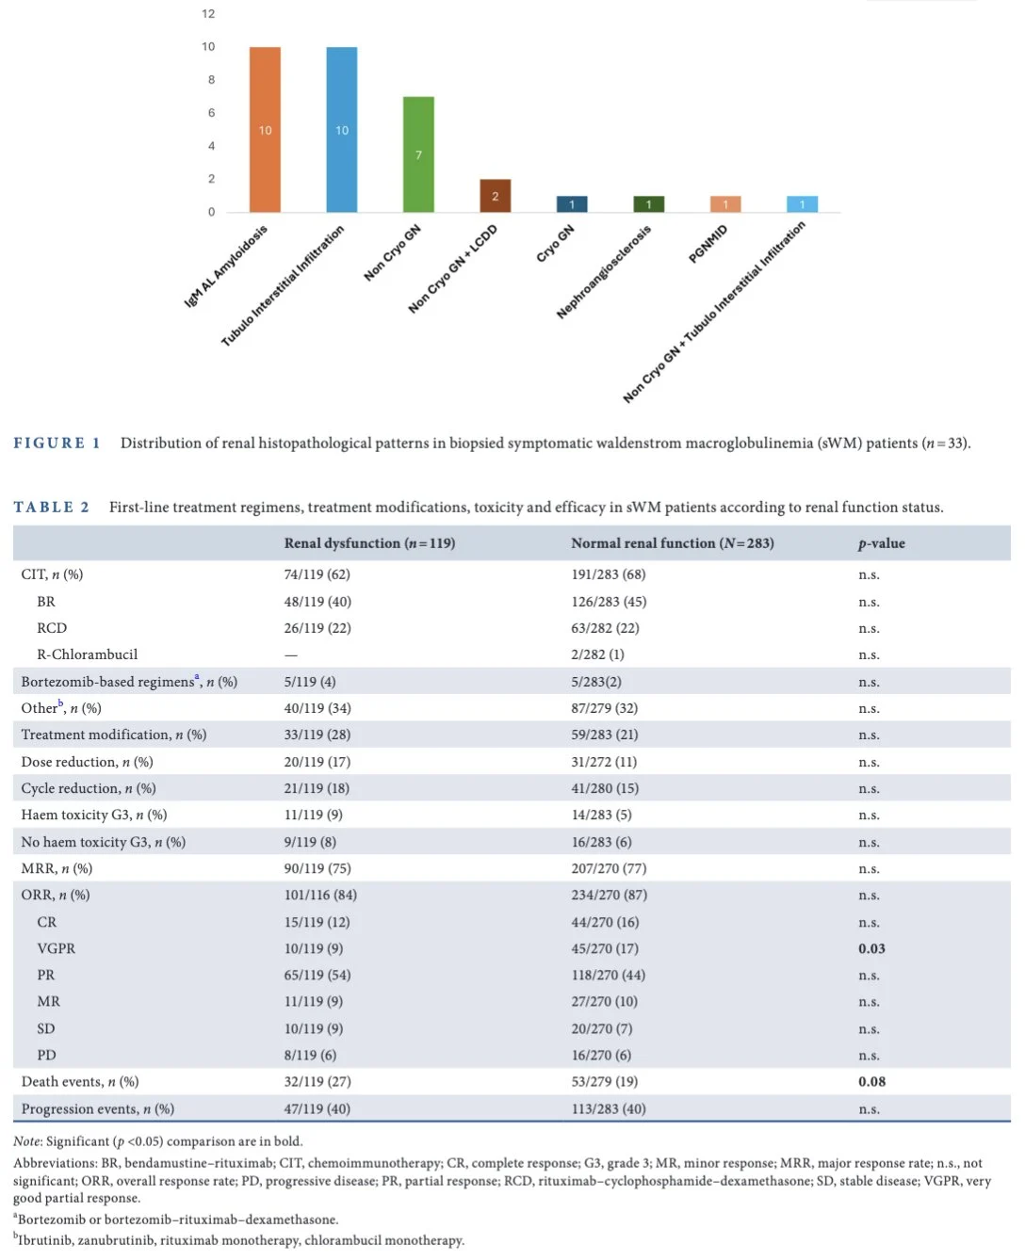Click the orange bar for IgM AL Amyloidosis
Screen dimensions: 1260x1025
click(265, 129)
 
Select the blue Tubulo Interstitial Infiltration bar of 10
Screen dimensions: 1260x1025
click(342, 129)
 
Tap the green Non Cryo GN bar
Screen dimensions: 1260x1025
click(418, 153)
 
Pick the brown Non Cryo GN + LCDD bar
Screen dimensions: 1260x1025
click(495, 196)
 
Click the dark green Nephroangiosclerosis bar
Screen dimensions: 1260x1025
click(648, 203)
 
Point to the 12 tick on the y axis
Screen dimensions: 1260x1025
click(208, 14)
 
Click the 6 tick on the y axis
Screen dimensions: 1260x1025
click(211, 113)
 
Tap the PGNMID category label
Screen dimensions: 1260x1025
click(708, 244)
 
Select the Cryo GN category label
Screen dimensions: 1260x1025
click(555, 244)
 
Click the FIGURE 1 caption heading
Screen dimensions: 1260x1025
click(57, 444)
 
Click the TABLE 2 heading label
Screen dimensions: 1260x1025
click(51, 508)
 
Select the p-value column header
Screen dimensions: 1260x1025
click(881, 543)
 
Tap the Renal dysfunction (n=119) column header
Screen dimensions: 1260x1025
click(369, 543)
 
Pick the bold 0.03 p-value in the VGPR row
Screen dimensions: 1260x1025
click(871, 948)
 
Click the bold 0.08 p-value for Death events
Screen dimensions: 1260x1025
click(871, 1082)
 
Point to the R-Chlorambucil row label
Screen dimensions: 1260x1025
click(87, 654)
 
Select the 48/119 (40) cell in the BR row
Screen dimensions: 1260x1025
click(317, 602)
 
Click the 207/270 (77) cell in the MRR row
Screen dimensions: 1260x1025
click(609, 868)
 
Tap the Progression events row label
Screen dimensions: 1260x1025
click(97, 1109)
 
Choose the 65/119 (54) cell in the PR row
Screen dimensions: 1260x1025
click(317, 976)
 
